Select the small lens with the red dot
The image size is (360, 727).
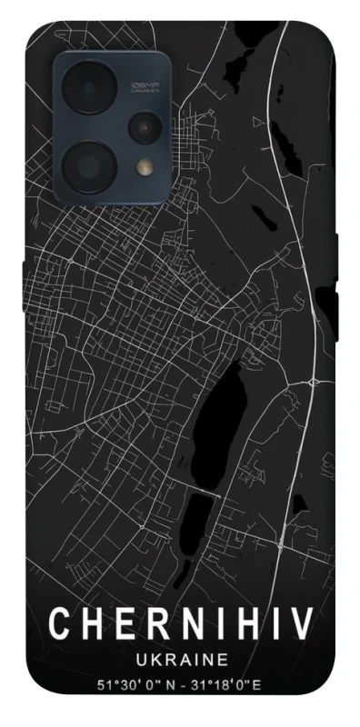click(144, 128)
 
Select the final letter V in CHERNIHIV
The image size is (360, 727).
click(302, 624)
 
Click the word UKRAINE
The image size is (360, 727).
click(180, 661)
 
